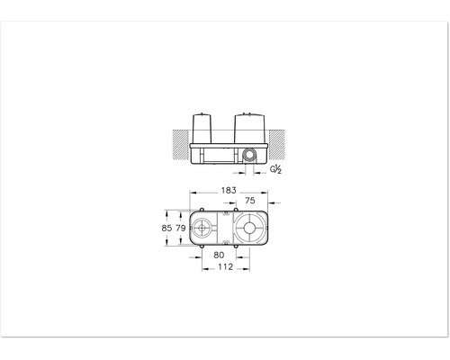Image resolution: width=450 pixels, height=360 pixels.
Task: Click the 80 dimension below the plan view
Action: click(220, 254)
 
